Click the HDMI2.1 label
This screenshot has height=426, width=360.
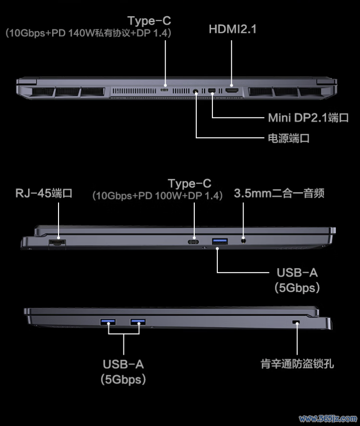(233, 29)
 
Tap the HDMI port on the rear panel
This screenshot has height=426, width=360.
(232, 91)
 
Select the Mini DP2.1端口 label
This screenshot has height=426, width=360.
(308, 118)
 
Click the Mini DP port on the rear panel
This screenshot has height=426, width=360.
(212, 91)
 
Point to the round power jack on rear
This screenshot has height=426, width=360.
(195, 91)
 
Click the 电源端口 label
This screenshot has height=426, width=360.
(289, 138)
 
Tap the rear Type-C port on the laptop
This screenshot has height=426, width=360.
(164, 90)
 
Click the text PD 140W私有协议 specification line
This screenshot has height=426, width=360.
(89, 33)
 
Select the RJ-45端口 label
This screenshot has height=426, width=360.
(44, 193)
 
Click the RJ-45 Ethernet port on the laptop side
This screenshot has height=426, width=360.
(57, 243)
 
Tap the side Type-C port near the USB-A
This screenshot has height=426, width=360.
(193, 242)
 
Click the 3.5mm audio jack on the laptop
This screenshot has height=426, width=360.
(244, 240)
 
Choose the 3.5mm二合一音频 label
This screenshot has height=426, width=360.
(279, 193)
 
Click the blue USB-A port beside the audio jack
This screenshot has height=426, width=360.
(220, 241)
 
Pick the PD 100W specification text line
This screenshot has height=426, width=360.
(157, 196)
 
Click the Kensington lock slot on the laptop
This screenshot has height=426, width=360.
(296, 322)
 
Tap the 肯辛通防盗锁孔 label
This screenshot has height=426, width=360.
(297, 364)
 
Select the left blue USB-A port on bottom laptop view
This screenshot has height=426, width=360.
(108, 322)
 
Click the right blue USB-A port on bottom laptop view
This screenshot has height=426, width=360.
(138, 322)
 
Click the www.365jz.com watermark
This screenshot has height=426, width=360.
(328, 419)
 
